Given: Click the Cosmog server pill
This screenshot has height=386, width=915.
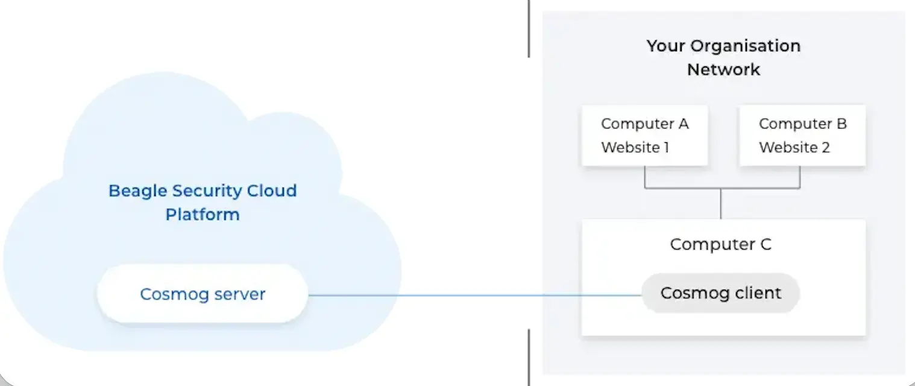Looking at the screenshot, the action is tap(203, 294).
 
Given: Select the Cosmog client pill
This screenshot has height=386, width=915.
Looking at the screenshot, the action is tap(720, 293).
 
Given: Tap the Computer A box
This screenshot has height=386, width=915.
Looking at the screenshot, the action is tap(644, 135).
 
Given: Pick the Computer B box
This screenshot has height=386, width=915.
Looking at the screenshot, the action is tap(802, 135).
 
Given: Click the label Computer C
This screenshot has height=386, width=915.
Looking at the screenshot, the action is tap(720, 244).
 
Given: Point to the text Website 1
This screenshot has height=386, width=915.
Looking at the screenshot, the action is tap(635, 147).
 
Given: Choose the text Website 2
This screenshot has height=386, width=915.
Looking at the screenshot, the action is tap(794, 147).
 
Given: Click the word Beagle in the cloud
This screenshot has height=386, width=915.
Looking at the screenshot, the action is tap(137, 191).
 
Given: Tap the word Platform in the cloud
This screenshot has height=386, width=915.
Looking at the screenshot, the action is tap(203, 214).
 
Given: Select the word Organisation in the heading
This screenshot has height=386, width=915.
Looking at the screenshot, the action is tap(746, 46).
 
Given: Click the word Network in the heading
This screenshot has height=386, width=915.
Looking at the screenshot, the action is tap(723, 69).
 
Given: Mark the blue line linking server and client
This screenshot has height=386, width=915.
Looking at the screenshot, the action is tap(474, 295).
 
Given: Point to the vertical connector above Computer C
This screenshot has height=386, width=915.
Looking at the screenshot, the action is tap(720, 204).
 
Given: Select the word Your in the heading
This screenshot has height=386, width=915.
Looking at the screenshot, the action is tap(666, 46).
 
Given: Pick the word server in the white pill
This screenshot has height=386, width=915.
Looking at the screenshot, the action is tap(240, 294).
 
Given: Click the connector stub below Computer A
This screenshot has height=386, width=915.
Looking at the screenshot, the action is tap(644, 177).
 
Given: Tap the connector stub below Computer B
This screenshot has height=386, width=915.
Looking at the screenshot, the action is tap(799, 177).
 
